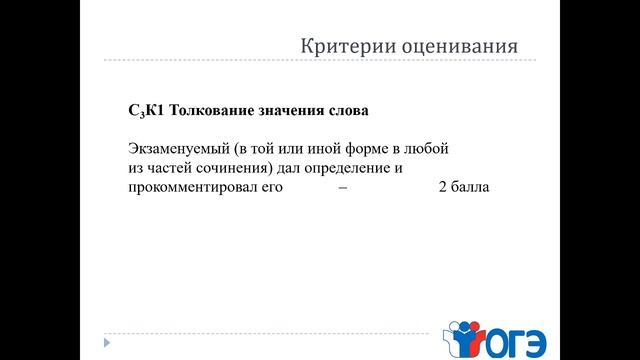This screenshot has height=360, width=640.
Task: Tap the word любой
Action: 428,147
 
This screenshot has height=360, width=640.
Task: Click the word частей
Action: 174,167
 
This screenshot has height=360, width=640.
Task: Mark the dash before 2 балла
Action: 344,187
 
